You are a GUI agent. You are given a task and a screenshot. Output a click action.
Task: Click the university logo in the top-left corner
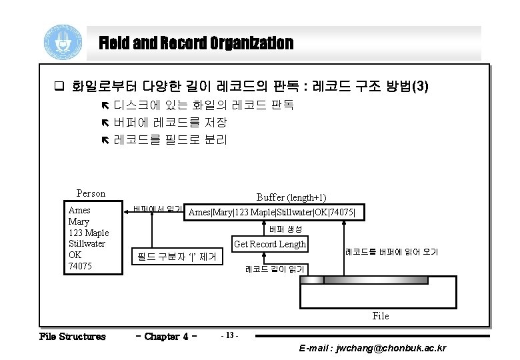(x=64, y=43)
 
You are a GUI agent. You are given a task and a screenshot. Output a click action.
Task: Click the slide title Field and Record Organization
(x=196, y=44)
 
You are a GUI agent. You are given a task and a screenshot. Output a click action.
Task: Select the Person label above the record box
(x=91, y=193)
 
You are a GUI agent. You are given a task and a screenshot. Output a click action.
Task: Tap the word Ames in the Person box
(x=80, y=209)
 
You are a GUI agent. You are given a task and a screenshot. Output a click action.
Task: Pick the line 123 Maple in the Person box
(x=89, y=232)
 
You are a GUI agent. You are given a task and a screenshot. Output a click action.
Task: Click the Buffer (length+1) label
(x=291, y=197)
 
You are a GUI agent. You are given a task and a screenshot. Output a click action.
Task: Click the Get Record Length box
(x=269, y=244)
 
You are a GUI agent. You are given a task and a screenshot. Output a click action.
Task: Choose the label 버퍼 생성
(x=285, y=229)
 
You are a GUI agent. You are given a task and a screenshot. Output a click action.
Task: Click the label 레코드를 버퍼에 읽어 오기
(x=391, y=252)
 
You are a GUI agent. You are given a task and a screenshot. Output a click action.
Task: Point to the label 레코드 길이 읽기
(x=275, y=269)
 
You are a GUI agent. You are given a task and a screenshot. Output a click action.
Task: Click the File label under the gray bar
(x=380, y=315)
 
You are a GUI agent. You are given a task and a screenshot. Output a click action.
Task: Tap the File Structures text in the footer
(x=72, y=336)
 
